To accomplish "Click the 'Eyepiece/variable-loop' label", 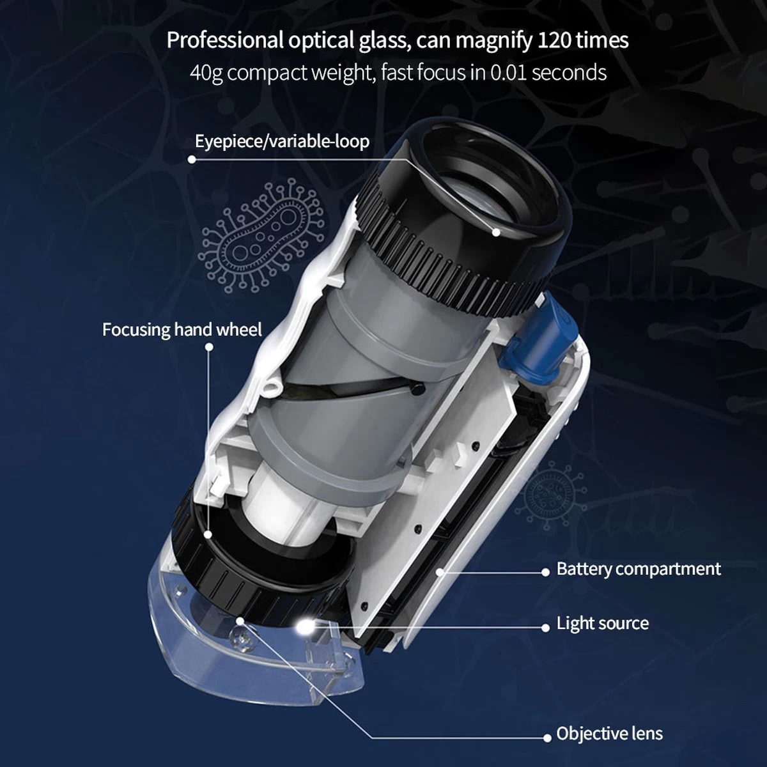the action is click(x=282, y=141).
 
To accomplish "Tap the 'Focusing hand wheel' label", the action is click(x=182, y=330).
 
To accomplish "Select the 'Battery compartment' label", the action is click(x=639, y=569).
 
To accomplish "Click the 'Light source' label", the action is click(x=602, y=623).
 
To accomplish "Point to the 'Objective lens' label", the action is click(x=609, y=733).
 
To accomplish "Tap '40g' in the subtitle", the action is click(x=206, y=74).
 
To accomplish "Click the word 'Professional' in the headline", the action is click(x=225, y=41).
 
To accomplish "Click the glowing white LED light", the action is click(x=304, y=627).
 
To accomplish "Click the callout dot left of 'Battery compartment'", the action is click(x=545, y=572).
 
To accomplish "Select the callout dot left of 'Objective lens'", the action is click(x=547, y=738).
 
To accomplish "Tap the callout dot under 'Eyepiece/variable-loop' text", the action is click(x=192, y=159).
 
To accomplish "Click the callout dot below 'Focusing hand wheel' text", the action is click(x=209, y=348).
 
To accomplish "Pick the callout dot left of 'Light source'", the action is click(x=545, y=627).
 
